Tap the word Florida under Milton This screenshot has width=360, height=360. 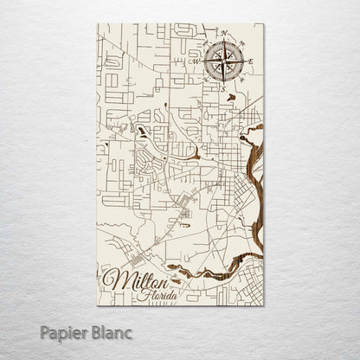(158, 295)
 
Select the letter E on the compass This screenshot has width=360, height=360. (251, 61)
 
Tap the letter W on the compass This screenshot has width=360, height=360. (196, 61)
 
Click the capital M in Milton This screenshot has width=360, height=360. (111, 279)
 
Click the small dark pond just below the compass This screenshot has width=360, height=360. (231, 97)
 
